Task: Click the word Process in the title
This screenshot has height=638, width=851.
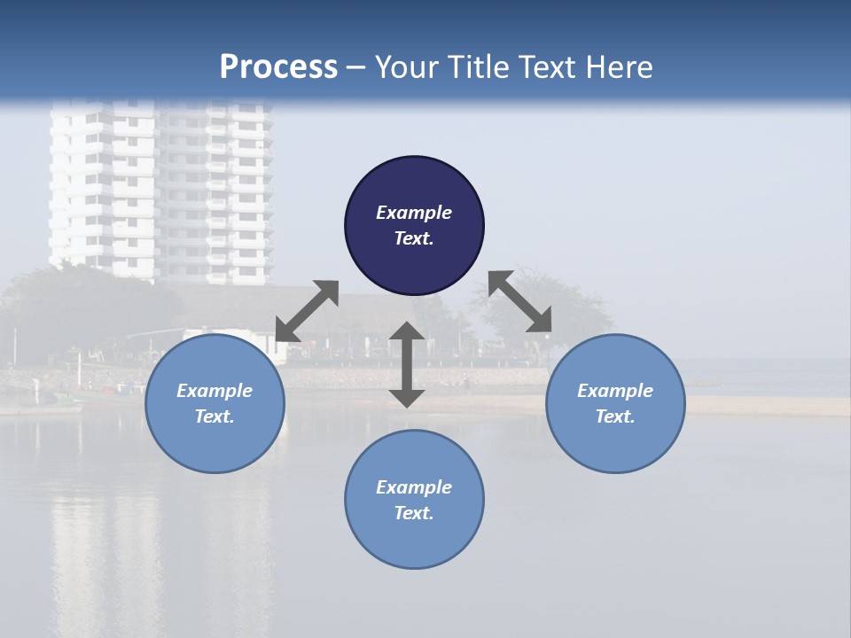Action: pos(278,67)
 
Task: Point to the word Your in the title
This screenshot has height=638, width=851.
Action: pos(407,67)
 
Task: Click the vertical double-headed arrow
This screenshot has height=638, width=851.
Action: pos(407,365)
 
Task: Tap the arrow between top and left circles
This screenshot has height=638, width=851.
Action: pos(307,311)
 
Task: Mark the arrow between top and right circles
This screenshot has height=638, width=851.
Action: pos(520,301)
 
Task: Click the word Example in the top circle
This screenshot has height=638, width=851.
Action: pos(414,213)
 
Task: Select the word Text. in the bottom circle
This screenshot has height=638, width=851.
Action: pos(414,513)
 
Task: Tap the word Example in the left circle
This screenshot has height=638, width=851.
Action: pos(215,391)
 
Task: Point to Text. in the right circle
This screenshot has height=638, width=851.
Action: pos(615,416)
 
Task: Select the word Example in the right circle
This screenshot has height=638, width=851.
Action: pos(615,391)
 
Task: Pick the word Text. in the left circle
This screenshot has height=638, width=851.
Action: pos(215,416)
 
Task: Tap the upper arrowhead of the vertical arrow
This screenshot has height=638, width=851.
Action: pos(407,332)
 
